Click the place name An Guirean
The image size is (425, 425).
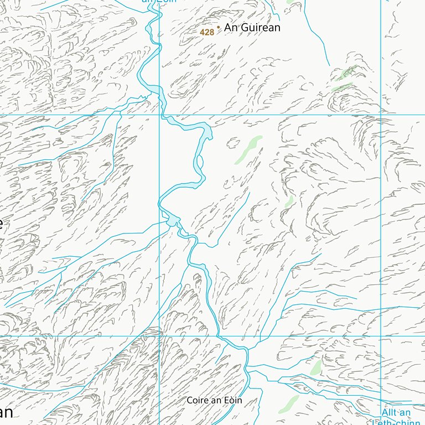point(252,27)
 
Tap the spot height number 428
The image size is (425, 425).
point(207,32)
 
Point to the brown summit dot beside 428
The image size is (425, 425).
point(218,27)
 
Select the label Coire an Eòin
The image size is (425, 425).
point(214,400)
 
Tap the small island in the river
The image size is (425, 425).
point(200,162)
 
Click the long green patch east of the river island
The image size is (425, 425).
point(248,149)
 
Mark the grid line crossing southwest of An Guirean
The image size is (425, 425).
point(159,115)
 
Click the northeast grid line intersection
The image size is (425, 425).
point(381,115)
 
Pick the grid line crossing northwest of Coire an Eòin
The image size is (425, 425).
point(159,336)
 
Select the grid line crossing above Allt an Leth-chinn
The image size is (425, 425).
point(381,336)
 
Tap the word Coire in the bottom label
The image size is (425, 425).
point(196,400)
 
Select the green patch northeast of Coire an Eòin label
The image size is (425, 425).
point(316,367)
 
